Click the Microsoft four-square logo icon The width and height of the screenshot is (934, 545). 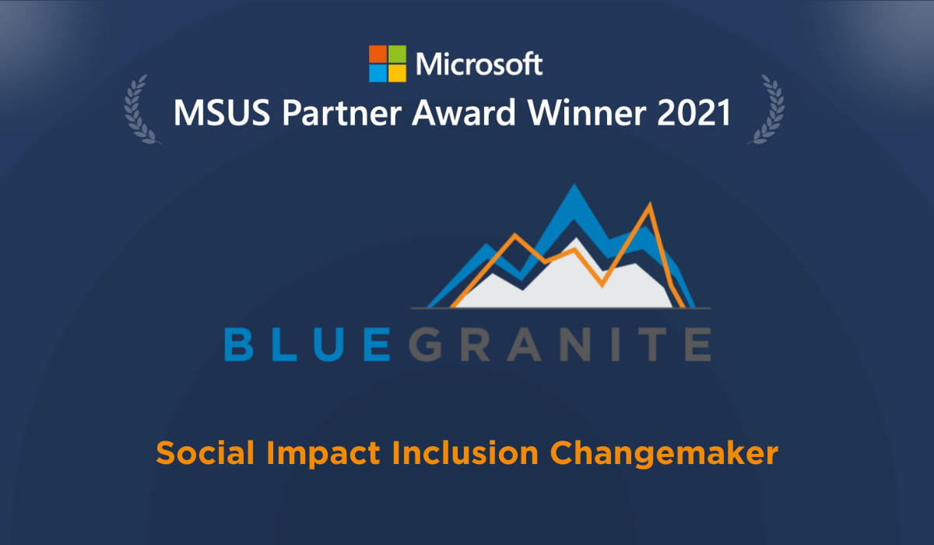(x=387, y=63)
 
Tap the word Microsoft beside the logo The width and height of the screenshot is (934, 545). (x=479, y=64)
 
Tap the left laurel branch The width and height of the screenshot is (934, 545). (x=141, y=109)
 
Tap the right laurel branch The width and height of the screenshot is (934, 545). (x=766, y=109)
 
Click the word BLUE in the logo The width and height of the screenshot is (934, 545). (x=305, y=343)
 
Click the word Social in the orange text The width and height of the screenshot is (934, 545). (x=198, y=452)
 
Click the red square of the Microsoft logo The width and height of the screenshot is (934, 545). (x=377, y=54)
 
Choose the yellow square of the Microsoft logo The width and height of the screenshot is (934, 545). (x=397, y=73)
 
